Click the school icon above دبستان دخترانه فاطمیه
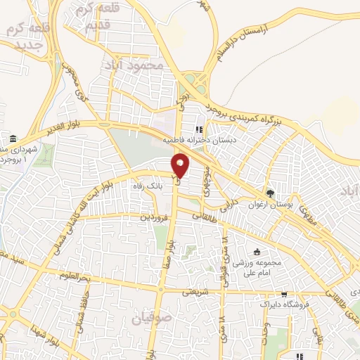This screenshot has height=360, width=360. click(199, 129)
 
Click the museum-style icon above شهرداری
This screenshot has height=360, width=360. click(14, 137)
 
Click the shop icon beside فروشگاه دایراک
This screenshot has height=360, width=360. click(283, 295)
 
